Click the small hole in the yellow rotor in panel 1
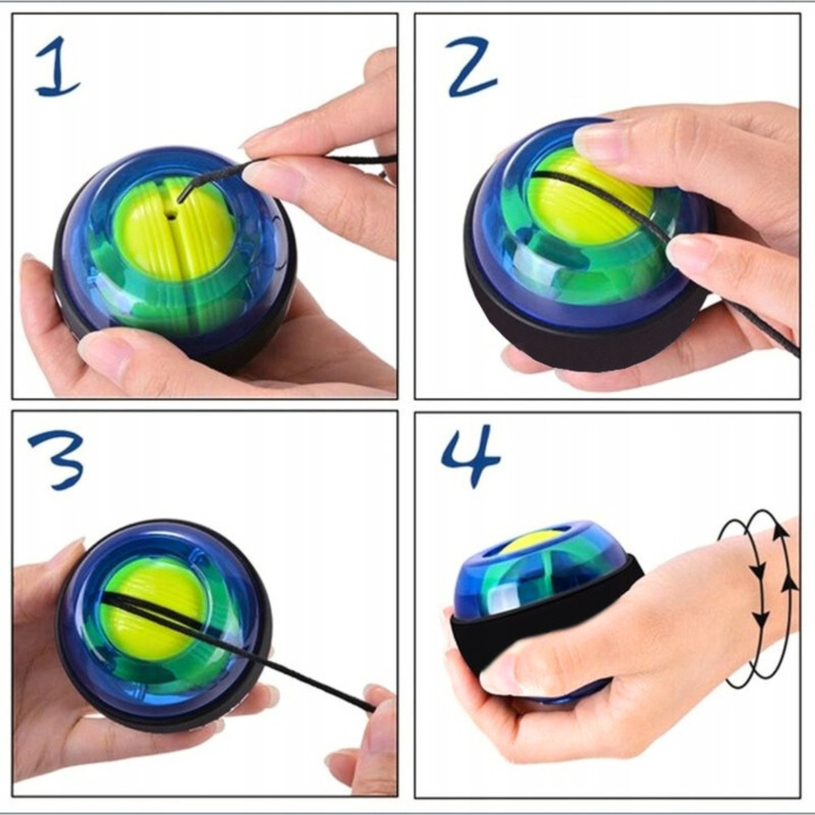(171, 216)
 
